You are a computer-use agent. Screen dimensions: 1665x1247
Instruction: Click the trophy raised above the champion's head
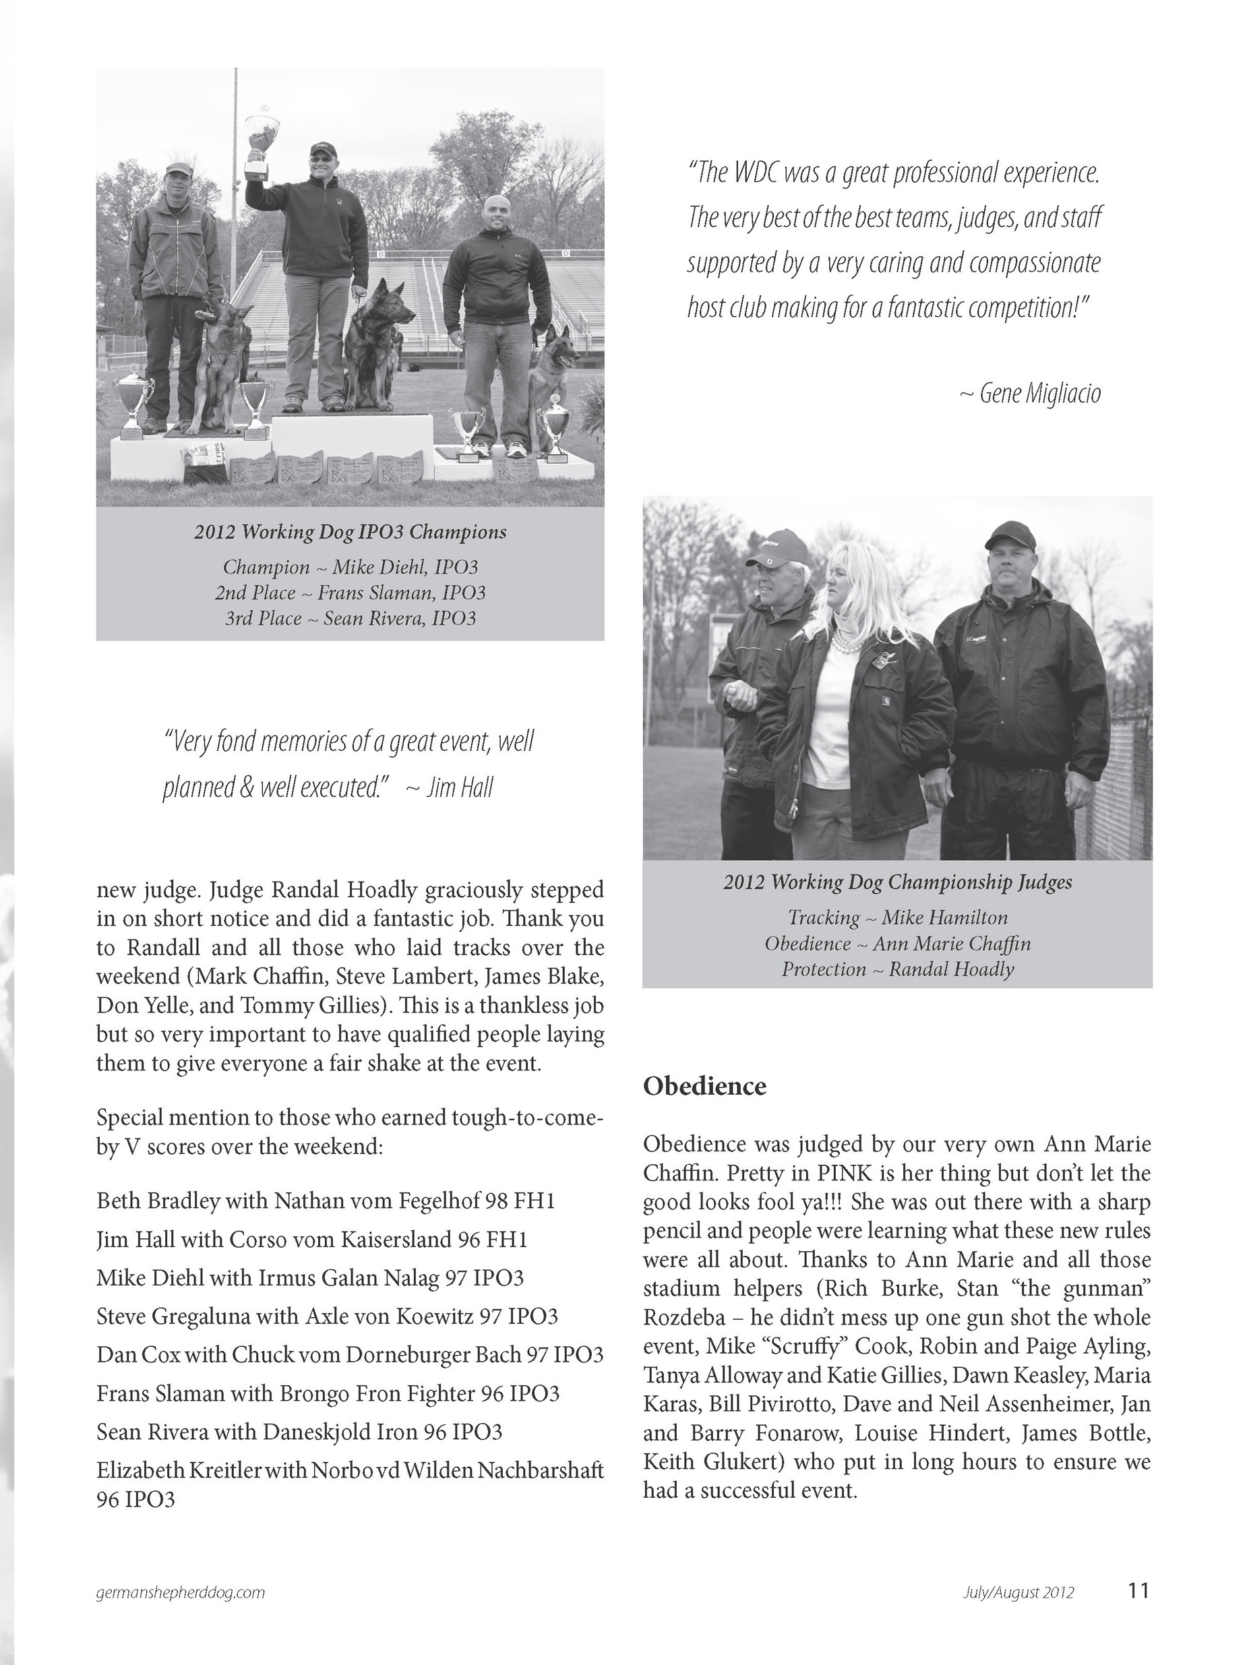point(261,143)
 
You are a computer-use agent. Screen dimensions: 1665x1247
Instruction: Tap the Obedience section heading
point(704,1086)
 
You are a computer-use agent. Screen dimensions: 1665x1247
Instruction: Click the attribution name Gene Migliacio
point(1039,394)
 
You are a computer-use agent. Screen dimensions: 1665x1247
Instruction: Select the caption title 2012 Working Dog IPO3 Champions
point(350,532)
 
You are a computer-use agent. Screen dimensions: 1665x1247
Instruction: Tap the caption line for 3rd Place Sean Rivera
point(350,619)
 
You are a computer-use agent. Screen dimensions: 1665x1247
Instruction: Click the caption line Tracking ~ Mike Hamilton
point(897,917)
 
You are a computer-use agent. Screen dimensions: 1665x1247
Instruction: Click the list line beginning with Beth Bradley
point(325,1201)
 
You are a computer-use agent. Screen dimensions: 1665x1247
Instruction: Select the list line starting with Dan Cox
point(350,1355)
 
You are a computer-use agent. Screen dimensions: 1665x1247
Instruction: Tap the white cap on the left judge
point(777,549)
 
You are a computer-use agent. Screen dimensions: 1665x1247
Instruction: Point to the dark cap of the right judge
point(1009,536)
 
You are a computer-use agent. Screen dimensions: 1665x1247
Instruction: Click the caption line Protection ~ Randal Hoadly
point(897,969)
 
